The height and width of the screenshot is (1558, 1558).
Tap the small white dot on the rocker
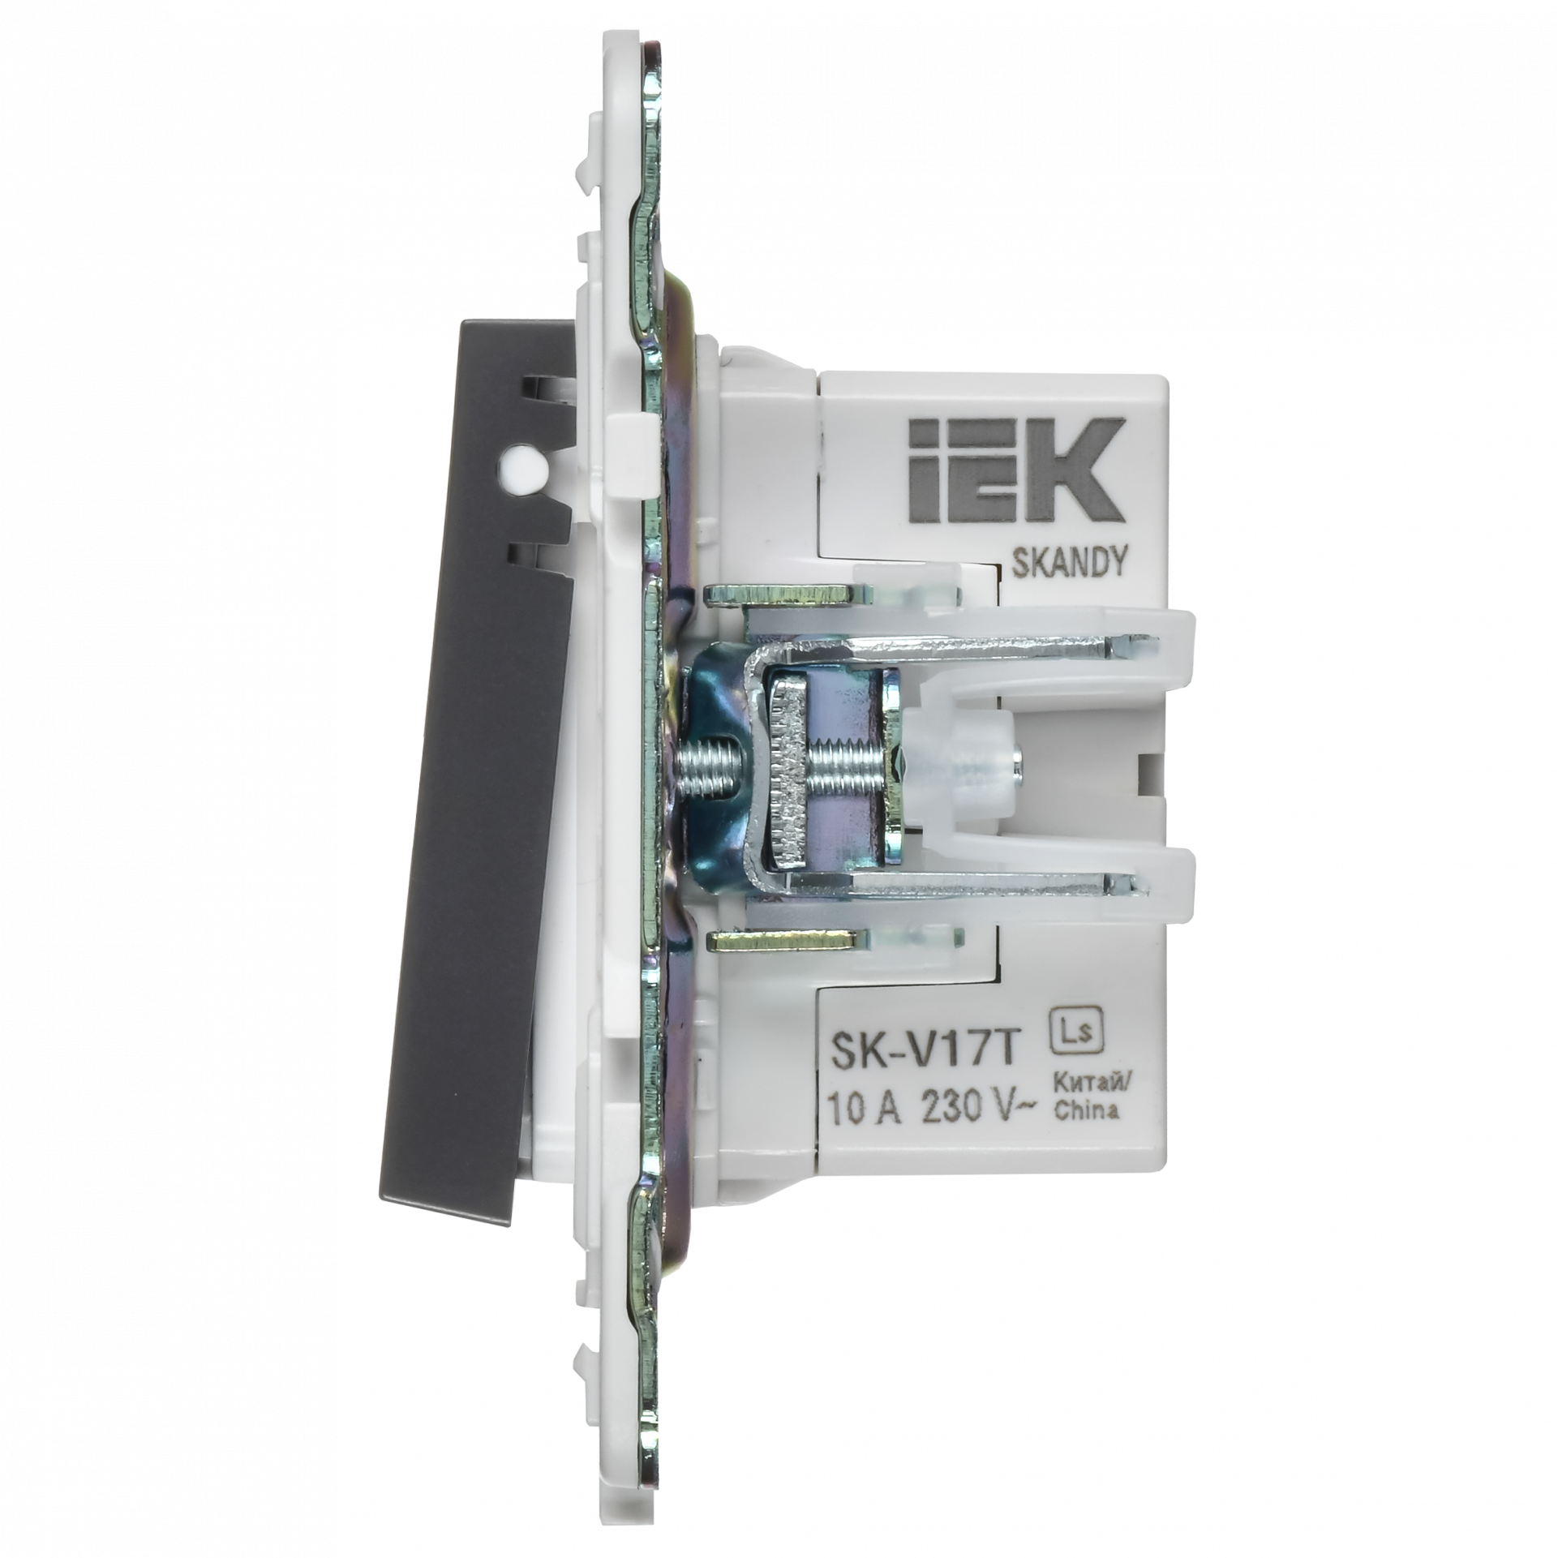pyautogui.click(x=513, y=466)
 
